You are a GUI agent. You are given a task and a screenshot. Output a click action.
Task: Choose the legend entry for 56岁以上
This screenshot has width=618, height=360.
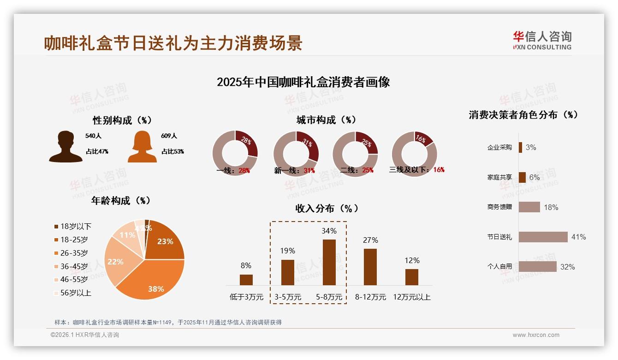pyautogui.click(x=72, y=293)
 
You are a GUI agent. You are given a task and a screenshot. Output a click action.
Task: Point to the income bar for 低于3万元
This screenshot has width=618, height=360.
pyautogui.click(x=246, y=280)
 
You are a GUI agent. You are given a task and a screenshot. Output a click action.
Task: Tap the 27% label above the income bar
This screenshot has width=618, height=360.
pyautogui.click(x=370, y=240)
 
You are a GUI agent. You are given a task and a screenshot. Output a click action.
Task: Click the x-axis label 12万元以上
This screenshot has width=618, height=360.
pyautogui.click(x=411, y=297)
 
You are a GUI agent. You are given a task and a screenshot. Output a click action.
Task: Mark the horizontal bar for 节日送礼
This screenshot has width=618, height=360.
pyautogui.click(x=543, y=237)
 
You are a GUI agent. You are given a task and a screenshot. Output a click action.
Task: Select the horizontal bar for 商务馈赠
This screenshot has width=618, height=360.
pyautogui.click(x=529, y=207)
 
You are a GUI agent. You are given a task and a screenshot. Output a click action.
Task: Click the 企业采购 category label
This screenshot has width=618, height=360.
pyautogui.click(x=499, y=147)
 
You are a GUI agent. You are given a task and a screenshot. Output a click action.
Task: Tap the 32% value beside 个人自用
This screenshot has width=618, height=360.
pyautogui.click(x=567, y=267)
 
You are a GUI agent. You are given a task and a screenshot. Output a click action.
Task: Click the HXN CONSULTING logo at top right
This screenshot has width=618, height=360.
pyautogui.click(x=542, y=41)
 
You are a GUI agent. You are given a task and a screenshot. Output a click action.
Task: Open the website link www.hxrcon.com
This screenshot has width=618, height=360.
pyautogui.click(x=536, y=335)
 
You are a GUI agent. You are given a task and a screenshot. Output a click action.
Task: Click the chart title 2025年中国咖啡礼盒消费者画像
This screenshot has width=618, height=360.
pyautogui.click(x=303, y=82)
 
